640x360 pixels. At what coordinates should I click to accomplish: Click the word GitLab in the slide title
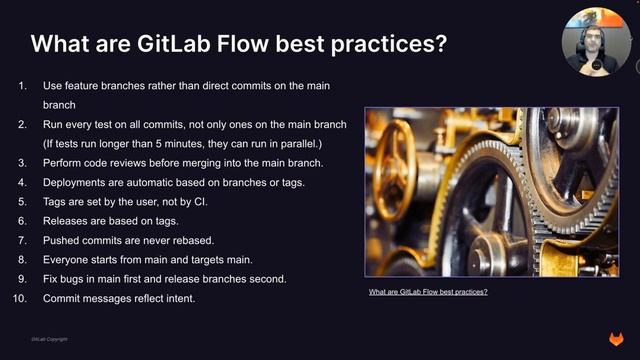coord(177,44)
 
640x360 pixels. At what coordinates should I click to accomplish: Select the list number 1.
coord(24,87)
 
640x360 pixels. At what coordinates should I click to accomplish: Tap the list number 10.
coord(24,298)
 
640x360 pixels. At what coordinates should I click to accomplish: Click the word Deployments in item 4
coord(76,182)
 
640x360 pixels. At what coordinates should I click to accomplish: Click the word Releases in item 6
coord(66,221)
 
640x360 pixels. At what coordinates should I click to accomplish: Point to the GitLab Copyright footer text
coord(49,340)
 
